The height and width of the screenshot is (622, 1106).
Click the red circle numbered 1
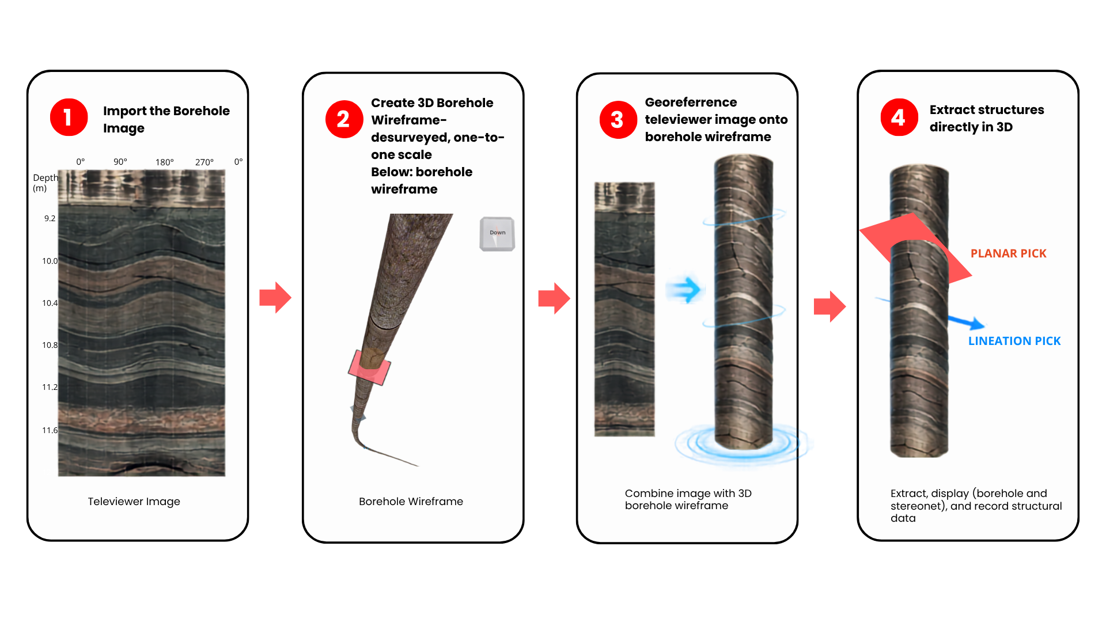pos(69,117)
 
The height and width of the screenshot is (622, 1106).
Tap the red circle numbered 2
pos(344,119)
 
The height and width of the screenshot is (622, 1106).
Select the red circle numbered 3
pos(618,120)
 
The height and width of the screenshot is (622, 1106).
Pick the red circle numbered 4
pos(899,117)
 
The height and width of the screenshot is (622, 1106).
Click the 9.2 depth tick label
pos(50,218)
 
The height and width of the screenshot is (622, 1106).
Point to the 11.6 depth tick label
pos(50,430)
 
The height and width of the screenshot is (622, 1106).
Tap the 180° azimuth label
pos(165,162)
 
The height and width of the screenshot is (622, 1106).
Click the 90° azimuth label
pos(120,161)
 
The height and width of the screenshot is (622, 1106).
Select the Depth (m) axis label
pos(46,183)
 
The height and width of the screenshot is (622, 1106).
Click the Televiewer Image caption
pos(134,502)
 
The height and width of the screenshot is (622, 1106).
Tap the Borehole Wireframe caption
pos(411,502)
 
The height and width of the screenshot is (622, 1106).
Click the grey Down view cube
pos(497,234)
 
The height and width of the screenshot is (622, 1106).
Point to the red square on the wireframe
pos(369,367)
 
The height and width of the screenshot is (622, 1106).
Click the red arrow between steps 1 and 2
pos(275,297)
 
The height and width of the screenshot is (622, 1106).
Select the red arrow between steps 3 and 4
pos(829,306)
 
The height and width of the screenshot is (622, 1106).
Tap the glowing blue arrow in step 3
pos(684,289)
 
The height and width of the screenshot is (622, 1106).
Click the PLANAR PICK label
pos(1009,253)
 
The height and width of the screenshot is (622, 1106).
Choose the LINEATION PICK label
pos(1014,341)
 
